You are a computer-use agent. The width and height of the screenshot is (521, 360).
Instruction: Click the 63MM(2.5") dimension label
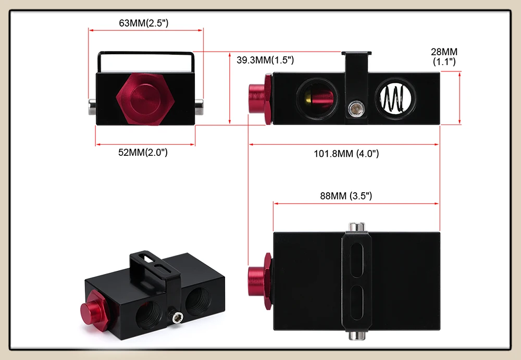coord(144,23)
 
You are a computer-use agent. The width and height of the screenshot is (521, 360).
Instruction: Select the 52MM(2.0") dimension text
coord(143,152)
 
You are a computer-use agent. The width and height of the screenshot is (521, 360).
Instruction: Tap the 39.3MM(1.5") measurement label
coord(265,60)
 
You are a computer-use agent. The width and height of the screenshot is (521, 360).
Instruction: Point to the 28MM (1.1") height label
coord(444,56)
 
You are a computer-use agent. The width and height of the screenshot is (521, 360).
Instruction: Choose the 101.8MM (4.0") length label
coord(346,154)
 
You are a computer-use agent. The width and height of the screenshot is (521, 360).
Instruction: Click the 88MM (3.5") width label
coord(346,196)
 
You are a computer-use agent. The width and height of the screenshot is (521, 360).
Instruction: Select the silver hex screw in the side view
coord(356,109)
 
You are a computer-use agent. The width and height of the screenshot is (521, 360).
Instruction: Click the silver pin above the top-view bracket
coord(356,227)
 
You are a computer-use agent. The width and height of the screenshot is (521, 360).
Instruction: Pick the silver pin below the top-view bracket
coord(356,335)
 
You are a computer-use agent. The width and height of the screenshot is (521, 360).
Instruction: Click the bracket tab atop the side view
coord(356,54)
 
